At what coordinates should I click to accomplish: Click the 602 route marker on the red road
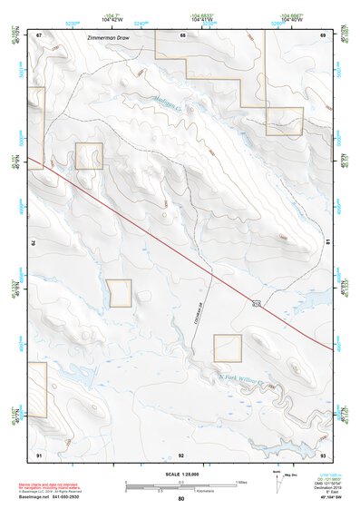(256, 303)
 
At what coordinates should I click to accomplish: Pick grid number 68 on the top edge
(182, 34)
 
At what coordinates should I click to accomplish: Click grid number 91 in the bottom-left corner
(39, 453)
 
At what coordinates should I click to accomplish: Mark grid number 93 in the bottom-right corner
(323, 453)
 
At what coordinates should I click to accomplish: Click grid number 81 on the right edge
(326, 242)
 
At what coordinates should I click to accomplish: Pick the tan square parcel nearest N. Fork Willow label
(228, 347)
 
